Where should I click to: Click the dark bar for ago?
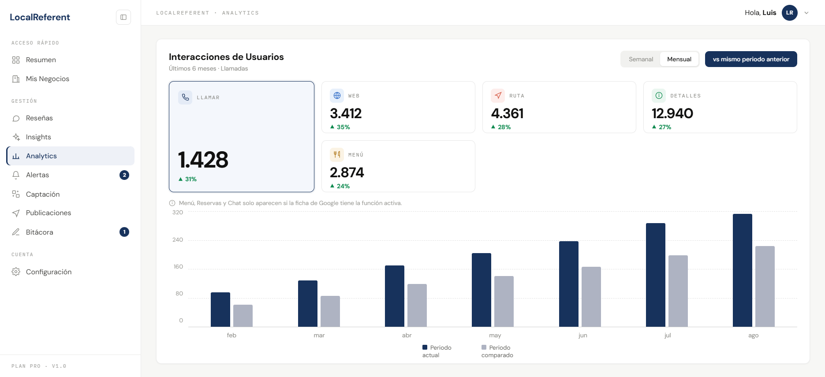[x=743, y=270]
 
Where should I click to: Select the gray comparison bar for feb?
[x=243, y=316]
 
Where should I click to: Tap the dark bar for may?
[x=482, y=290]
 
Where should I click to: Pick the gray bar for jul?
[x=678, y=291]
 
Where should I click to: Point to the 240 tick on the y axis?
[x=178, y=240]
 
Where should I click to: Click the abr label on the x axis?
[x=407, y=336]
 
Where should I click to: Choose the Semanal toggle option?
[x=641, y=59]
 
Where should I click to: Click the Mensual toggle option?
[x=679, y=59]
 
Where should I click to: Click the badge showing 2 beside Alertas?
[x=124, y=175]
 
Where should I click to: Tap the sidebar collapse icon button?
[x=123, y=17]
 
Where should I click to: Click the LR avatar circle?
[x=790, y=13]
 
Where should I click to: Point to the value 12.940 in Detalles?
[x=672, y=114]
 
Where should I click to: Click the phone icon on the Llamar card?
[x=185, y=97]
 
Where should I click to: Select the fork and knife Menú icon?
[x=337, y=154]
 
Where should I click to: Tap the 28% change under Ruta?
[x=501, y=127]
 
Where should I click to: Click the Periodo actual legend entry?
[x=437, y=351]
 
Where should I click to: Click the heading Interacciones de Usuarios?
[x=226, y=57]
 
